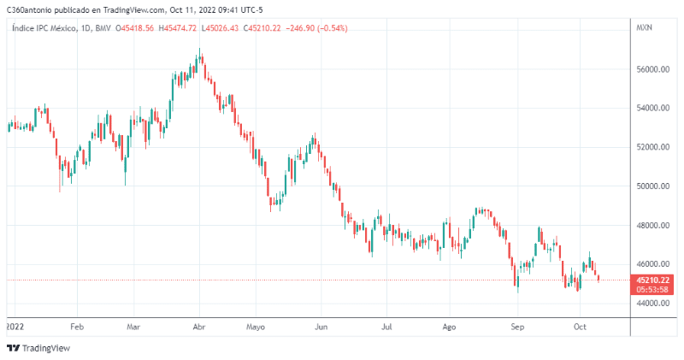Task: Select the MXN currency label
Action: pyautogui.click(x=645, y=28)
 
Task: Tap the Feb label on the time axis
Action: pyautogui.click(x=77, y=327)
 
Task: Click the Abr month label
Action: pyautogui.click(x=199, y=327)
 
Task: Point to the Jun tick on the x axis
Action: pyautogui.click(x=321, y=327)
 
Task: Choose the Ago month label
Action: pyautogui.click(x=451, y=327)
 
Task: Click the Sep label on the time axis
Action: pyautogui.click(x=516, y=327)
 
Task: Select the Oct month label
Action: pyautogui.click(x=579, y=327)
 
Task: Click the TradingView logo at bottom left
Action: pyautogui.click(x=38, y=348)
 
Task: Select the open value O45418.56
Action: pyautogui.click(x=137, y=28)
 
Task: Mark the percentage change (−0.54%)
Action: pyautogui.click(x=332, y=28)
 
